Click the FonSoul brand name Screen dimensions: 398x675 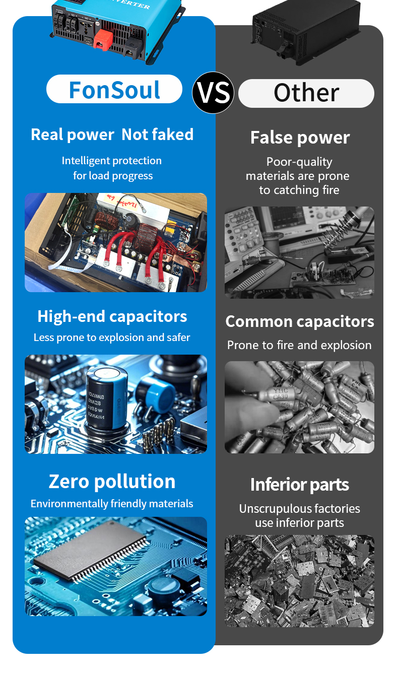[114, 90]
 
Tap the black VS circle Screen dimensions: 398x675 [213, 93]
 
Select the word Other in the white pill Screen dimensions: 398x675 [306, 93]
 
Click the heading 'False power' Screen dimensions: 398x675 [300, 138]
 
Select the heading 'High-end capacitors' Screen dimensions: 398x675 [112, 316]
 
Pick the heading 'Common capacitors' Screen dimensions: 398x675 [300, 321]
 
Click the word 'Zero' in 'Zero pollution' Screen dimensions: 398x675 [69, 481]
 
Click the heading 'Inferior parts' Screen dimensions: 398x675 [299, 485]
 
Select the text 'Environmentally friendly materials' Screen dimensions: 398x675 [112, 504]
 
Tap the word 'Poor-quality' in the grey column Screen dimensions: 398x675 [299, 162]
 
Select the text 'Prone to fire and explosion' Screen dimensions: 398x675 [299, 346]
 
